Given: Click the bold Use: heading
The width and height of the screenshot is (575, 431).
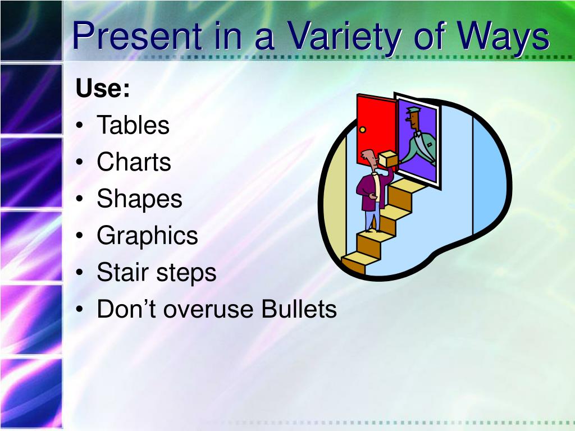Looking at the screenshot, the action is (x=103, y=88).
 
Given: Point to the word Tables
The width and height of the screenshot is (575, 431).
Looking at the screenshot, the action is (x=133, y=125).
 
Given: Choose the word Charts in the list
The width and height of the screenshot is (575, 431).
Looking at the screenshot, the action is (x=134, y=162).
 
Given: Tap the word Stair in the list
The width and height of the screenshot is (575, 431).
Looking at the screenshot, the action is (x=122, y=272).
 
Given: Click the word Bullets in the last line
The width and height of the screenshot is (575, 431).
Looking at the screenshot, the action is (x=299, y=309).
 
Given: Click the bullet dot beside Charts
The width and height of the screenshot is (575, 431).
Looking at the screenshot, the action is (x=80, y=162).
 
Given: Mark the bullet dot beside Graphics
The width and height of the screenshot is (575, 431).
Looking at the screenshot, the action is (x=80, y=235).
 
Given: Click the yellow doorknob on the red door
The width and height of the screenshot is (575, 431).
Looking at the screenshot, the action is (x=363, y=130).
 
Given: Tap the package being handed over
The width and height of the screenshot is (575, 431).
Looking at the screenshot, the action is (x=387, y=159).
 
